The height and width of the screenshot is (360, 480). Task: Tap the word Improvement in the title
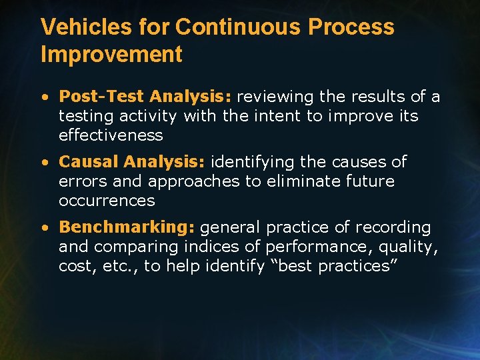pyautogui.click(x=111, y=55)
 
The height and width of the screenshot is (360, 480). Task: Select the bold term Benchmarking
pyautogui.click(x=127, y=227)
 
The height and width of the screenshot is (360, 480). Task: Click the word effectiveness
pyautogui.click(x=111, y=135)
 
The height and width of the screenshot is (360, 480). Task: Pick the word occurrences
pyautogui.click(x=107, y=201)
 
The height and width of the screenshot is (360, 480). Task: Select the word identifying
pyautogui.click(x=249, y=162)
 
